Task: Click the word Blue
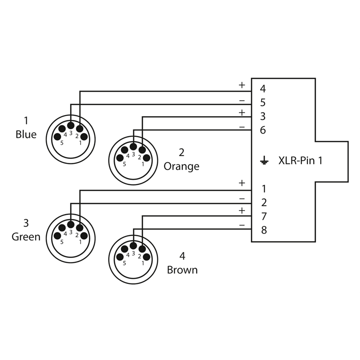coord(26,134)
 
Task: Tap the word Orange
coord(181,166)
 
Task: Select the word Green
coord(26,237)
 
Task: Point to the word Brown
coord(182,270)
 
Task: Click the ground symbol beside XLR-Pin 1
coord(264,160)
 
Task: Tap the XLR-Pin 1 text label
coord(300,160)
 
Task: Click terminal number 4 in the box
coord(263,89)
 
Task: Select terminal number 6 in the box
coord(263,130)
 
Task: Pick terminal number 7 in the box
coord(264,216)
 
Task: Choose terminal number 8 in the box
coord(264,230)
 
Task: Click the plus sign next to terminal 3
coord(242,113)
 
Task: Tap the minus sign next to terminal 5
coord(242,100)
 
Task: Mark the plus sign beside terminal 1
coord(242,183)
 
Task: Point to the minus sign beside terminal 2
coord(242,198)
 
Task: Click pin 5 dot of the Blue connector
coord(57,137)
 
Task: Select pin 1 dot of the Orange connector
coord(147,158)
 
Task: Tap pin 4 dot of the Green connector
coord(62,228)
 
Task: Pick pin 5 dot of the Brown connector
coord(120,257)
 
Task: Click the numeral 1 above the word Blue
coord(26,120)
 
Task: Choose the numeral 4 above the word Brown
coord(182,256)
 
